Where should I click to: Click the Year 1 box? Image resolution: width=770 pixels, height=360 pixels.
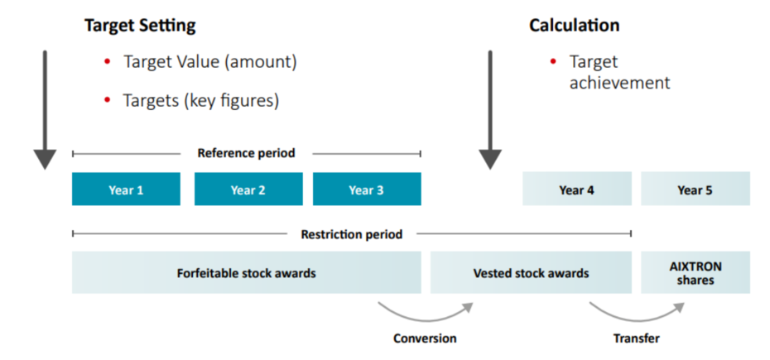click(x=126, y=190)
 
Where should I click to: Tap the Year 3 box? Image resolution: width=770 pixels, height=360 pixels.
click(x=367, y=190)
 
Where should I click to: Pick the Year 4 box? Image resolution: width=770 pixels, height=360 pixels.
click(x=576, y=190)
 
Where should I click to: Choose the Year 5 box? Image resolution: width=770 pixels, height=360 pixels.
click(x=695, y=190)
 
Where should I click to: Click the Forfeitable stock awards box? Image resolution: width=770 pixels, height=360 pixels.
click(x=246, y=273)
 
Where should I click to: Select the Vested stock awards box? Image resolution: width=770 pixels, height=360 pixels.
click(x=531, y=273)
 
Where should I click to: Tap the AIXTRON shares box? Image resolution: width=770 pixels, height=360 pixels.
click(x=695, y=273)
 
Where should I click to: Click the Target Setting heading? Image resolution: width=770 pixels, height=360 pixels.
click(x=140, y=26)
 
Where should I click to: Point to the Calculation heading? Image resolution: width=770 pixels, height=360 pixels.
click(x=574, y=26)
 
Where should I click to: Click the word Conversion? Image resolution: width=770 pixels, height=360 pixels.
click(x=425, y=338)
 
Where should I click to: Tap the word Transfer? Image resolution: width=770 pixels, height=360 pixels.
click(x=637, y=338)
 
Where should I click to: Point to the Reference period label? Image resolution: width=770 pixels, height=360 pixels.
click(x=246, y=153)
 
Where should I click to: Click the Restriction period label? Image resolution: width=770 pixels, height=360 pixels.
click(x=352, y=234)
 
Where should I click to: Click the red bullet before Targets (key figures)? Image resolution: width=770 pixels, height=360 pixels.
click(x=107, y=100)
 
